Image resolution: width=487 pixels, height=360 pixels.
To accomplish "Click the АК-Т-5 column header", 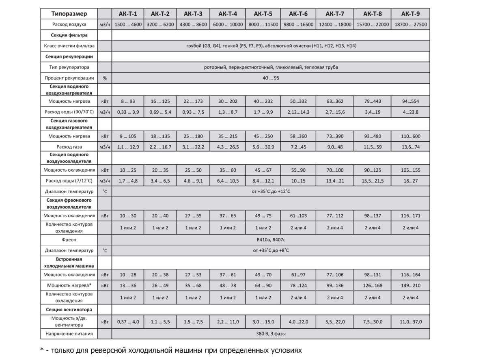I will pos(263,14).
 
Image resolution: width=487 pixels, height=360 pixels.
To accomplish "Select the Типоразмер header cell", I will pos(69,14).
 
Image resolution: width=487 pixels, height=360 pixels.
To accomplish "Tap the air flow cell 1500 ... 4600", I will pos(128,24).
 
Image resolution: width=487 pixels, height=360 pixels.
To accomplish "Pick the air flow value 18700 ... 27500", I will pos(410,24).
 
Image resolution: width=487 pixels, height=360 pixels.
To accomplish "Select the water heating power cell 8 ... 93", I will pos(128,101).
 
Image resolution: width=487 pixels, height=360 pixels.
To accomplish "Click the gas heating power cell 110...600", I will pos(410,136).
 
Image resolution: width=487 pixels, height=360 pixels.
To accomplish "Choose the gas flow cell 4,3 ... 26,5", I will pos(228,146).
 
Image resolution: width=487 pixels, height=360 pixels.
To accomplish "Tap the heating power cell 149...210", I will pos(410,285).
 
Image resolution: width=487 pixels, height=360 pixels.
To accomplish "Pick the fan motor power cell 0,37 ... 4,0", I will pos(128,322).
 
